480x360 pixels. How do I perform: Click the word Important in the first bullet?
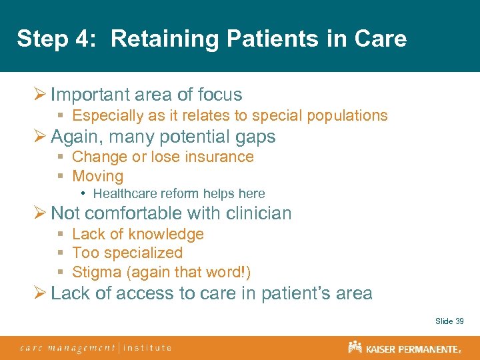click(92, 95)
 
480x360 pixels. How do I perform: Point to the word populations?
click(347, 115)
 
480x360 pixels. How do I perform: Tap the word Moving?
click(97, 177)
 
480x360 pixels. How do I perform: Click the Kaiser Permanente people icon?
click(355, 347)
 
